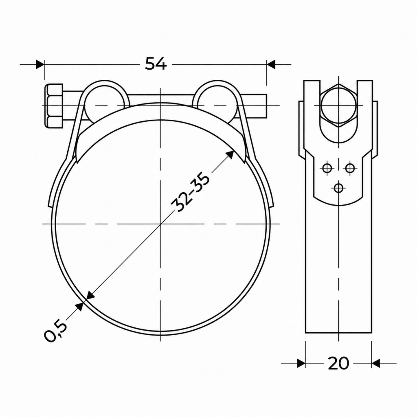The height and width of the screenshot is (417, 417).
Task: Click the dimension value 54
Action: click(156, 64)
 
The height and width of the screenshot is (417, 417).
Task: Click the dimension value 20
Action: click(338, 363)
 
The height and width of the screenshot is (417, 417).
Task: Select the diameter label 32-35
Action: click(190, 191)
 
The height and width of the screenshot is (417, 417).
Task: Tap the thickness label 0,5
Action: click(55, 331)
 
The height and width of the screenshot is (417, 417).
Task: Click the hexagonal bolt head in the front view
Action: click(55, 105)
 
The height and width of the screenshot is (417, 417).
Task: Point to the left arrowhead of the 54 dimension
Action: click(40, 64)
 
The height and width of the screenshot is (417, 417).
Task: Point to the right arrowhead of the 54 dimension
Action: click(271, 64)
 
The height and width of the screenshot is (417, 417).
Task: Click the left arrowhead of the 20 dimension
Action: click(301, 363)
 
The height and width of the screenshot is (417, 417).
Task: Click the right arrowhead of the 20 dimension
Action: click(376, 363)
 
